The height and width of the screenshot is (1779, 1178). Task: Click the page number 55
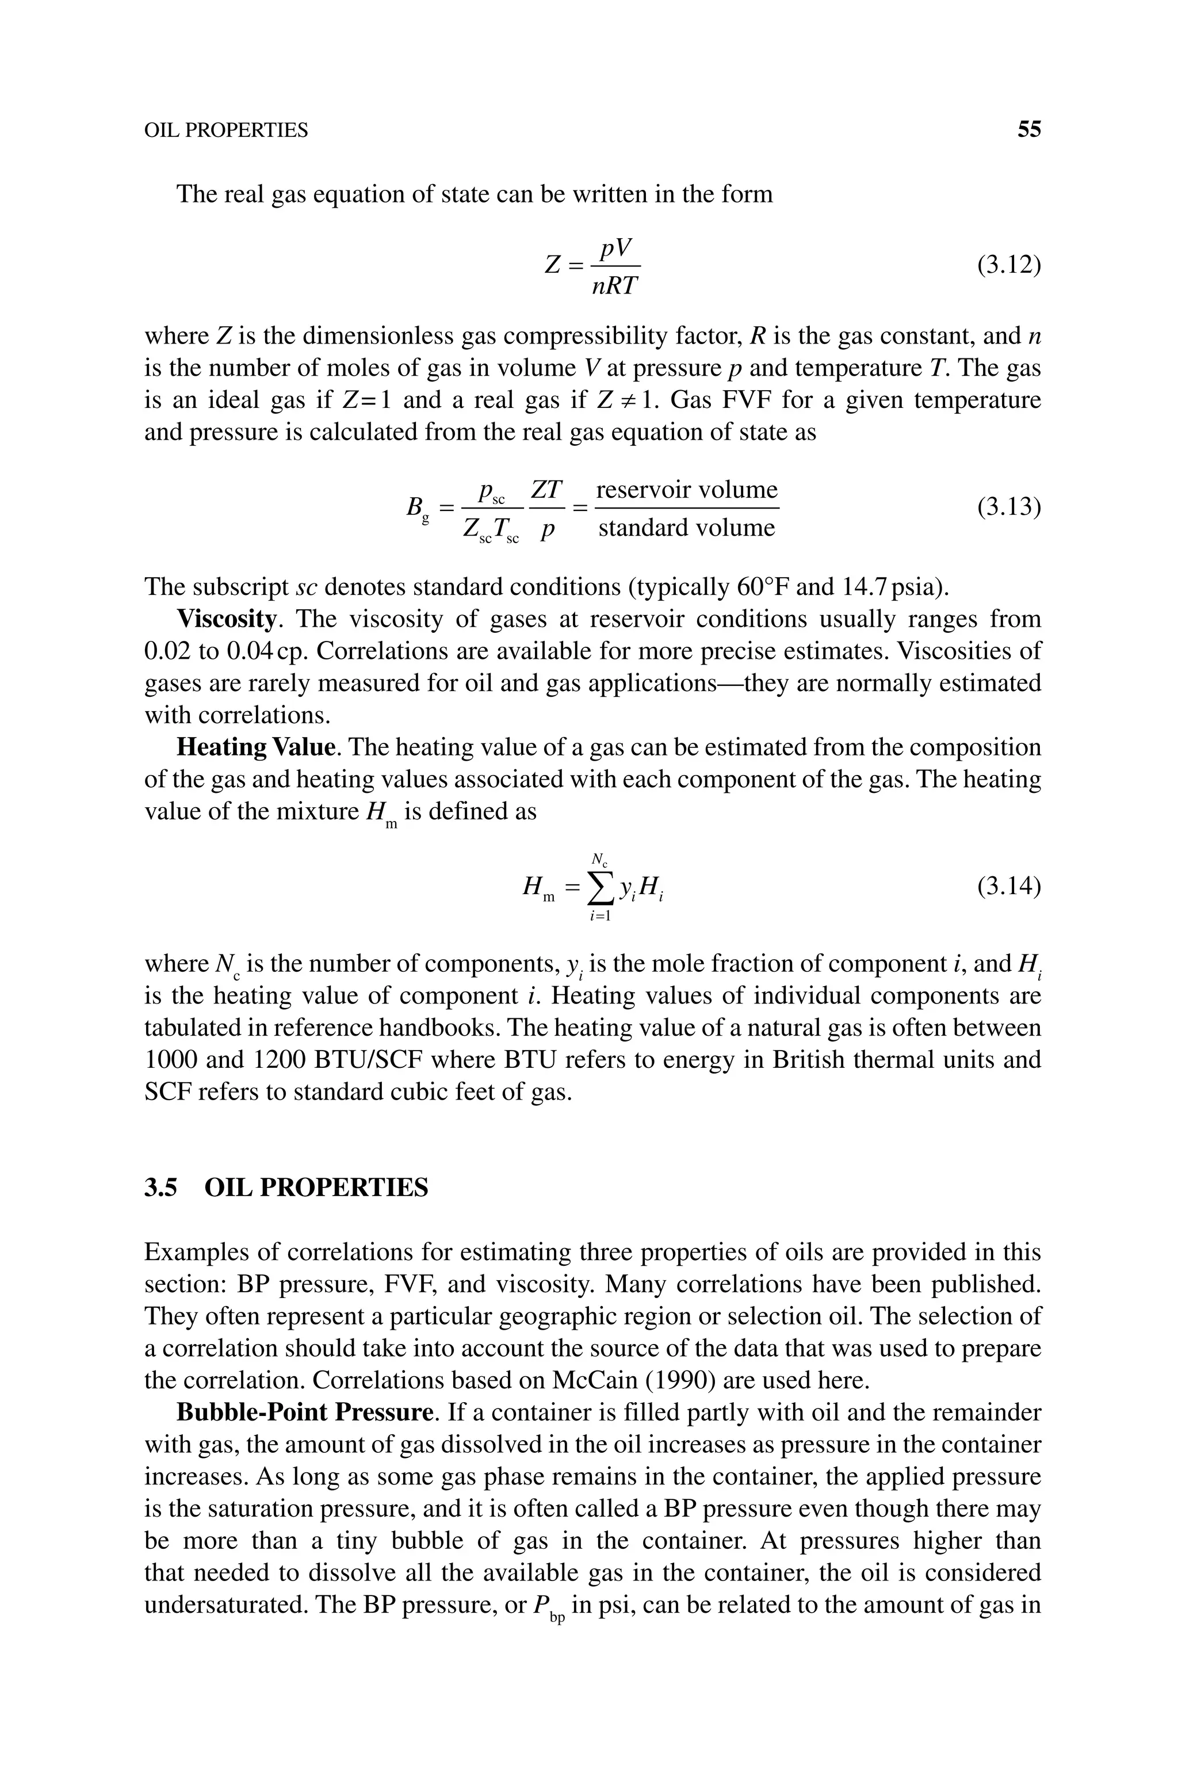(x=1028, y=130)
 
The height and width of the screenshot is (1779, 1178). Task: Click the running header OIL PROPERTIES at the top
(x=225, y=131)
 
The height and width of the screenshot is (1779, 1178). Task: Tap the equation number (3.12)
(x=1008, y=265)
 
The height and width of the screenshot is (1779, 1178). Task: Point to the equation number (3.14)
(x=1008, y=887)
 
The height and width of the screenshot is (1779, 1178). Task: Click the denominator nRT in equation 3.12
(x=614, y=286)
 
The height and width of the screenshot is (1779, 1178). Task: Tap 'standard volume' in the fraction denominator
(x=686, y=528)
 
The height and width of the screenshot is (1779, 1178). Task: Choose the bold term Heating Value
(x=255, y=747)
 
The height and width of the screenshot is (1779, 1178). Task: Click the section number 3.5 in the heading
(x=160, y=1188)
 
